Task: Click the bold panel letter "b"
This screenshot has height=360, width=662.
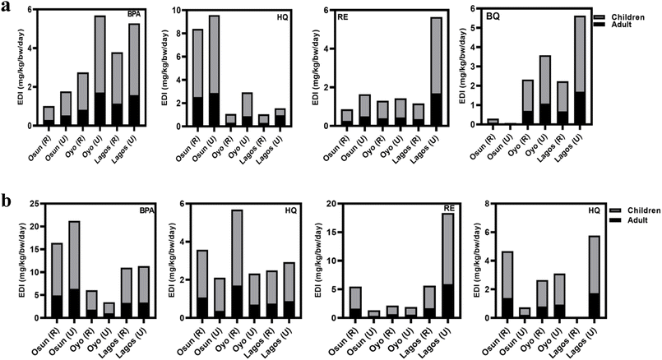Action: pyautogui.click(x=7, y=201)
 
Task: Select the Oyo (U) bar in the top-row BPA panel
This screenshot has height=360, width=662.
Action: pyautogui.click(x=100, y=70)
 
